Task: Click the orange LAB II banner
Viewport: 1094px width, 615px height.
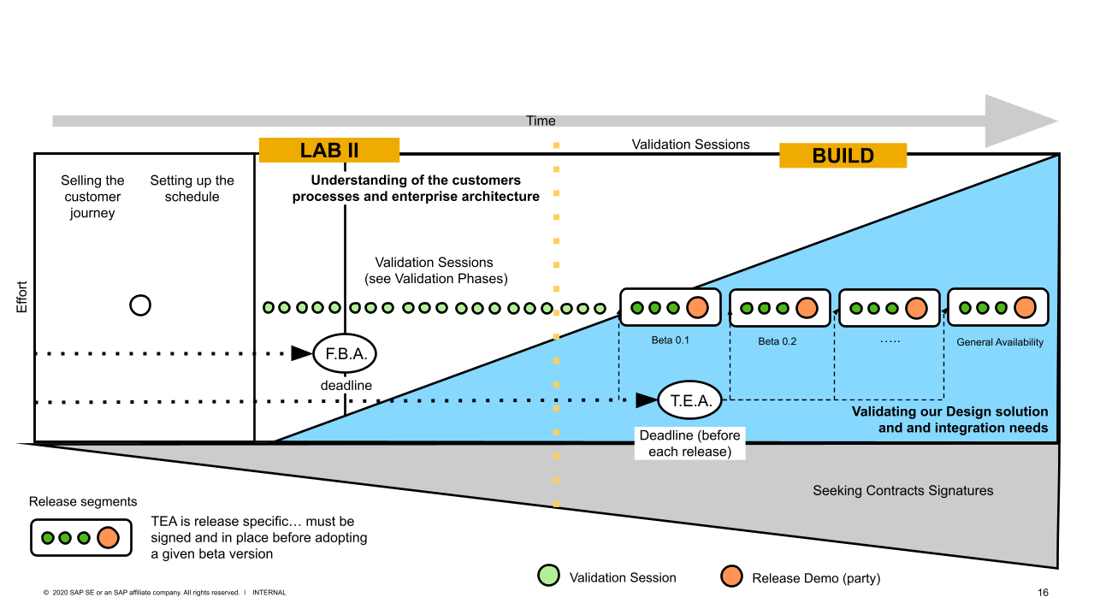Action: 329,151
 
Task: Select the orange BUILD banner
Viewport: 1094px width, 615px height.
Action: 843,156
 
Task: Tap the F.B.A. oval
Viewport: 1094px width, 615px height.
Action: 345,353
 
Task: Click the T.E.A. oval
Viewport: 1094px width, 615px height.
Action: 690,399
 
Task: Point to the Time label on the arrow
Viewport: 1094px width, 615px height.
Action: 541,121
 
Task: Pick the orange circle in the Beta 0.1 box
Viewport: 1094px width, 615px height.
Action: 697,308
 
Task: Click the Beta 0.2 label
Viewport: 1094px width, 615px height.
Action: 777,341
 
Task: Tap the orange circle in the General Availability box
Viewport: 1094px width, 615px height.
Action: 1025,308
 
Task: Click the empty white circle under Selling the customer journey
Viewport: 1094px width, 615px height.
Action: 140,305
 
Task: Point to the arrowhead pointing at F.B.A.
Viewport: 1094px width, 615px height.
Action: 301,353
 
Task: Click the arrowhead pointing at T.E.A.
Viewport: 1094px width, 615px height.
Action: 646,399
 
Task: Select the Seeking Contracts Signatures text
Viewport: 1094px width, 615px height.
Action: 902,491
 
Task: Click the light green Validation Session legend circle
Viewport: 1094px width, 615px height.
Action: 548,577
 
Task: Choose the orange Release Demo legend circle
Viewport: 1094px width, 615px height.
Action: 730,577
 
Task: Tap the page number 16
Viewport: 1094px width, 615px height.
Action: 1043,593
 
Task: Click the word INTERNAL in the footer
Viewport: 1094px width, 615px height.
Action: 269,593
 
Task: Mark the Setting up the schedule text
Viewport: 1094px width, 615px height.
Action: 192,189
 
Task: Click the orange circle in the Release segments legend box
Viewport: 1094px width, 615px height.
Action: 107,538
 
